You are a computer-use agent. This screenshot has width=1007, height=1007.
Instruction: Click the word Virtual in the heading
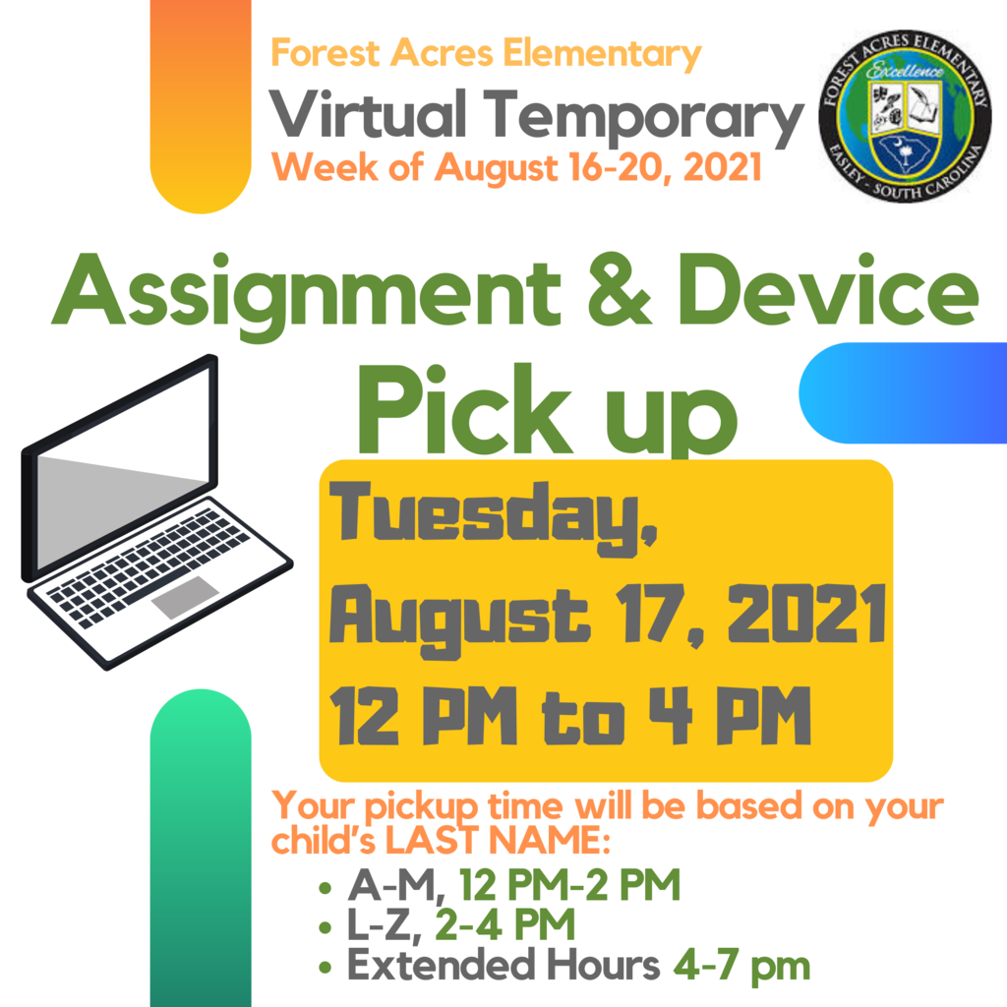pyautogui.click(x=368, y=114)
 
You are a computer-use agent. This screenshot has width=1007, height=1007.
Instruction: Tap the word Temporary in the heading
pyautogui.click(x=643, y=118)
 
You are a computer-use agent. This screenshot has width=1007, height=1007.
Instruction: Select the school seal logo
pyautogui.click(x=905, y=116)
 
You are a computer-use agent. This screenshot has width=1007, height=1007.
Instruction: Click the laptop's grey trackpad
pyautogui.click(x=185, y=597)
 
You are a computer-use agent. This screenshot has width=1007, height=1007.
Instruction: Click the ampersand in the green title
pyautogui.click(x=620, y=290)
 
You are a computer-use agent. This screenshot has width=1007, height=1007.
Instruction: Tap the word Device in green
pyautogui.click(x=828, y=290)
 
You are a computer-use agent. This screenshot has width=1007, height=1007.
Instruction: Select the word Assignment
pyautogui.click(x=307, y=295)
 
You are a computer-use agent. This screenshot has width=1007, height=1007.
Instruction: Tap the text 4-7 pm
pyautogui.click(x=741, y=966)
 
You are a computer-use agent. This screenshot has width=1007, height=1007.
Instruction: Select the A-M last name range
pyautogui.click(x=395, y=885)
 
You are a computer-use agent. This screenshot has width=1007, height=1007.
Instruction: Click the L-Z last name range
pyautogui.click(x=385, y=924)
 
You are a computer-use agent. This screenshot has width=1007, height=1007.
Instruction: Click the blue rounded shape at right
pyautogui.click(x=903, y=393)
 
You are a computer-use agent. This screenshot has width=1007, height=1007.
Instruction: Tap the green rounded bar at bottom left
pyautogui.click(x=201, y=848)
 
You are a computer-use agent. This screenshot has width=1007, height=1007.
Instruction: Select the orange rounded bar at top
pyautogui.click(x=201, y=106)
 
